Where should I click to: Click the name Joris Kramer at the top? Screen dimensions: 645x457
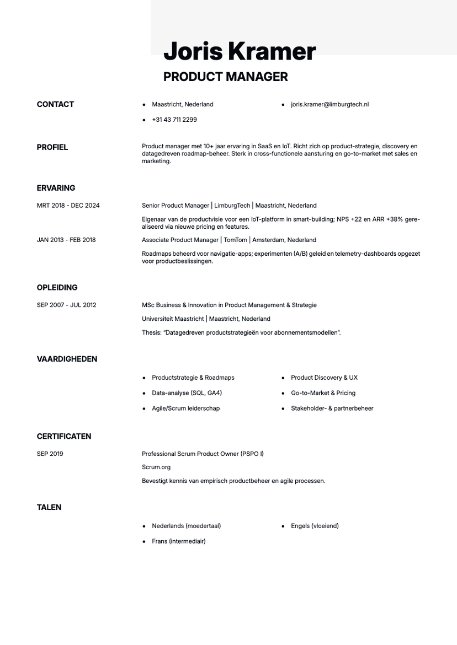(240, 52)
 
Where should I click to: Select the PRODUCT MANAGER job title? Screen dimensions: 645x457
(225, 77)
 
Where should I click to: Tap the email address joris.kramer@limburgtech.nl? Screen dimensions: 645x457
(330, 104)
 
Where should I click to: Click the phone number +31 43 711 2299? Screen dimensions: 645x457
(174, 120)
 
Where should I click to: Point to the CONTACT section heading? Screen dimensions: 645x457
(55, 104)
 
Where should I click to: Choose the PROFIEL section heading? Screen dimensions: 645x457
(52, 147)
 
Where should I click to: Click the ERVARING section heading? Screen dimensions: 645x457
(56, 188)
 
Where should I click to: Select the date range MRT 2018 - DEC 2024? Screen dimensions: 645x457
(68, 206)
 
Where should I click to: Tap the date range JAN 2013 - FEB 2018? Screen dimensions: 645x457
(66, 240)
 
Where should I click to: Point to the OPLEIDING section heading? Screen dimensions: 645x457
(57, 288)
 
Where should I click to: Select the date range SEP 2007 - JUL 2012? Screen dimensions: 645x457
(66, 305)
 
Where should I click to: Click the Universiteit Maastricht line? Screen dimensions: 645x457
(206, 319)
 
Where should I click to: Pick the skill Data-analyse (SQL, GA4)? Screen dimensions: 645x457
(187, 393)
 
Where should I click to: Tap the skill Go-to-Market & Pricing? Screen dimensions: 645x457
(323, 393)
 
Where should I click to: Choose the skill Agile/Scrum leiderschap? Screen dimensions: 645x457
(185, 409)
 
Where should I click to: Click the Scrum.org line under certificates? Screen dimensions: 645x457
(156, 467)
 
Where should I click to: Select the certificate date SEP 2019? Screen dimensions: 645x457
(50, 454)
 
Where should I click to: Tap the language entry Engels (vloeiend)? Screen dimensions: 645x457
(315, 526)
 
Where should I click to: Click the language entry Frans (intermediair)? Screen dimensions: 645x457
(178, 541)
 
